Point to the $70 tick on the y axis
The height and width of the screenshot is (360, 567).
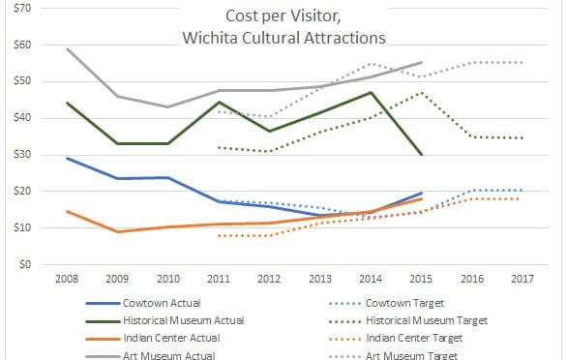tap(22, 9)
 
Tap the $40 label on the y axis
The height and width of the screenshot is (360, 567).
tap(22, 118)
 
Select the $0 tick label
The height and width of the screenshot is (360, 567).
tap(25, 264)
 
